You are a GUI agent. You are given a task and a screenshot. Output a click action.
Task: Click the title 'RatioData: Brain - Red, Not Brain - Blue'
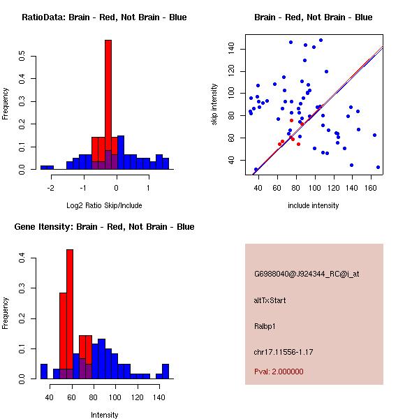tap(104, 17)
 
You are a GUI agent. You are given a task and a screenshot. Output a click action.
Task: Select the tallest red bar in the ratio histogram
tap(108, 105)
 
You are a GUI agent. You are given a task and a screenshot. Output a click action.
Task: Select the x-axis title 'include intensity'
tap(314, 205)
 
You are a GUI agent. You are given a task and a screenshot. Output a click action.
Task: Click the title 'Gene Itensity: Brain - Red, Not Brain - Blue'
tap(104, 227)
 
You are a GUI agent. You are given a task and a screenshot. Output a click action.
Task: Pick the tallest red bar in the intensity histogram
tap(70, 314)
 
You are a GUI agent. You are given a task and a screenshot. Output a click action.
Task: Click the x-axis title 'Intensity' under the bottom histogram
tap(104, 415)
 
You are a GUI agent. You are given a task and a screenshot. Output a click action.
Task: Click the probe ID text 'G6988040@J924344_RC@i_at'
tap(307, 274)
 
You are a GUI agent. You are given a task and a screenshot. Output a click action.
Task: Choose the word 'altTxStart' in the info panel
tap(270, 300)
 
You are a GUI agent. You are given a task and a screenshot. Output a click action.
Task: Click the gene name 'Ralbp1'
tap(265, 325)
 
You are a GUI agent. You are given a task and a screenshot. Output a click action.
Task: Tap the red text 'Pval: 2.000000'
tap(278, 372)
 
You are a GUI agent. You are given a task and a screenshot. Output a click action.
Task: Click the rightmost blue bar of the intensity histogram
tap(166, 372)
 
